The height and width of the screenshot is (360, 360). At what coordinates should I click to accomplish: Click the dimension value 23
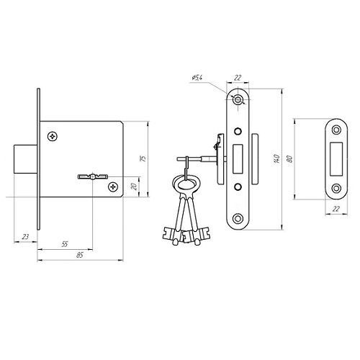(x=25, y=237)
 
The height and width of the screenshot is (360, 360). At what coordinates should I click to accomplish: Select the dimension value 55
(x=65, y=244)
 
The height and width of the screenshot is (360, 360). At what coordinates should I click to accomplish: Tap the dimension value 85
(x=80, y=255)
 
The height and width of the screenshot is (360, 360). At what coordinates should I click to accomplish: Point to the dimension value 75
(x=143, y=158)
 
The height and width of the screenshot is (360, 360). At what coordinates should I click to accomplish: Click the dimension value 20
(x=135, y=186)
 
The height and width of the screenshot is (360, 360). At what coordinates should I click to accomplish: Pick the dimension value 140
(x=276, y=159)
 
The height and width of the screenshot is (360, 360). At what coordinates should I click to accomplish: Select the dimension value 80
(x=290, y=159)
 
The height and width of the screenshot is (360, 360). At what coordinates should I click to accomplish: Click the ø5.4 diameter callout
(x=197, y=78)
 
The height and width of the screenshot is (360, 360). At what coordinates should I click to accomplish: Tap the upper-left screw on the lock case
(x=53, y=136)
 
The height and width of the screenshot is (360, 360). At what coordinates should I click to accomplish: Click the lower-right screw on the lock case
(x=113, y=186)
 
